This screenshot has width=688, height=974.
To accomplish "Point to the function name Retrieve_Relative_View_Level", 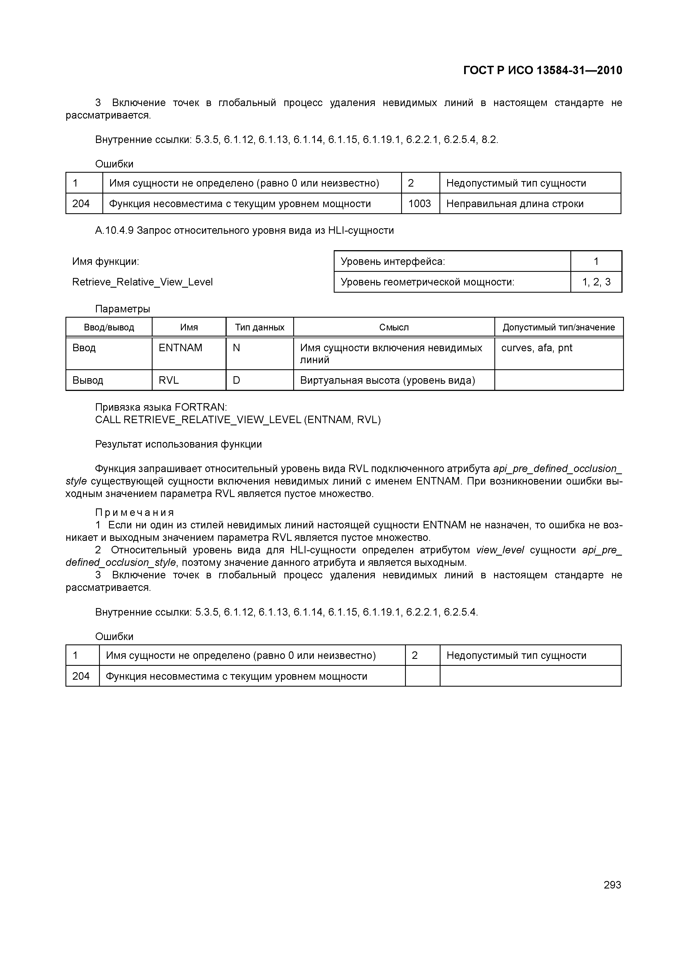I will [142, 282].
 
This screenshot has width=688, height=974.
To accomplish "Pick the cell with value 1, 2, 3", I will [596, 282].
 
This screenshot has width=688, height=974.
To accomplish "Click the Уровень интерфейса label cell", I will [393, 261].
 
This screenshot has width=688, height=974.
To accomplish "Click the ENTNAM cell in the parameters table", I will [181, 348].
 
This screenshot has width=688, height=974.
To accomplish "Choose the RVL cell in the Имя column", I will [169, 380].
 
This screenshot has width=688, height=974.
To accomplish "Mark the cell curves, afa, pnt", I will [537, 348].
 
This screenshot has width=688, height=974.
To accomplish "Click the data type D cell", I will [237, 380].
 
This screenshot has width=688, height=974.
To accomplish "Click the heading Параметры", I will [123, 309].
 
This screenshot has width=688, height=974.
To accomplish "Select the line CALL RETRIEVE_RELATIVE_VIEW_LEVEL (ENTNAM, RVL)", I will [238, 420].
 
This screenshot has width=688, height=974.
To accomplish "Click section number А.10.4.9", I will [115, 230].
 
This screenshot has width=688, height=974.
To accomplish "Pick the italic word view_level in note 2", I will [500, 550].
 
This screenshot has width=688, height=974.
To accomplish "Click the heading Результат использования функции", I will [178, 444].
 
